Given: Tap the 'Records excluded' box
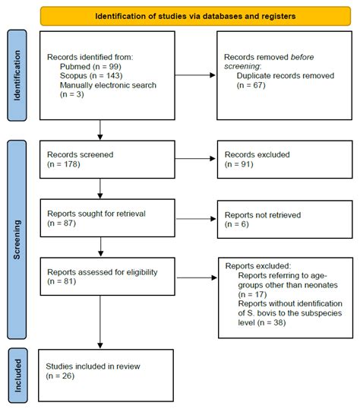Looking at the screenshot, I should pyautogui.click(x=276, y=158).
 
